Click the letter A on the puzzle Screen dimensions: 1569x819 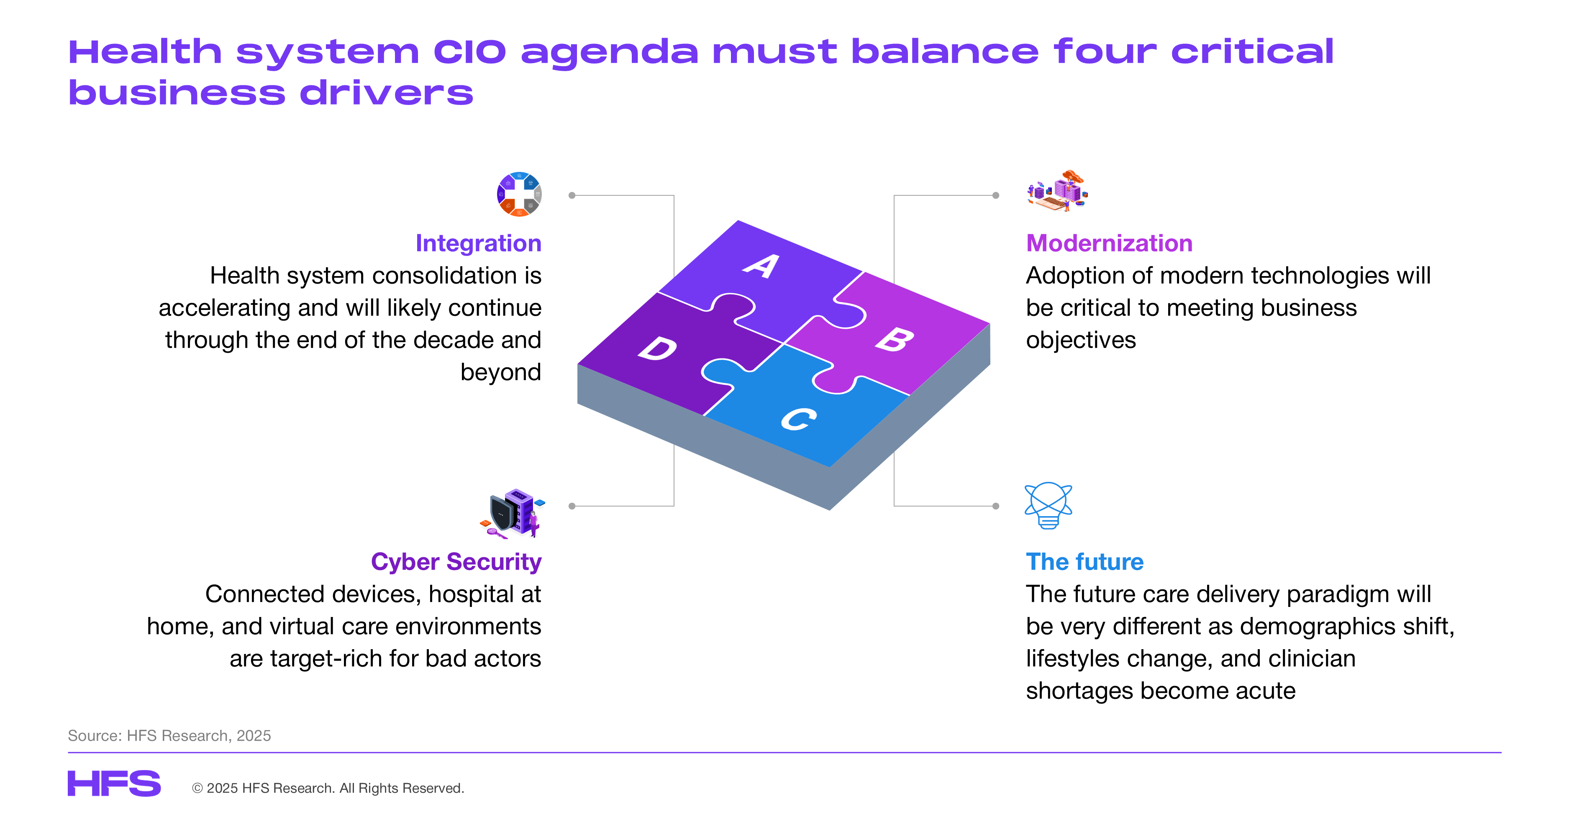[x=762, y=266]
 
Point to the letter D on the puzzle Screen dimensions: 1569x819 [x=658, y=348]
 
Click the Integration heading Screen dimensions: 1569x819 [x=478, y=243]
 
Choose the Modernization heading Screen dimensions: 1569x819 [x=1109, y=243]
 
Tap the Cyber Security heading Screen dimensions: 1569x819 [x=456, y=561]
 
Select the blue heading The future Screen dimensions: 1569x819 [x=1085, y=561]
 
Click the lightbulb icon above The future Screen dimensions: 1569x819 [x=1048, y=505]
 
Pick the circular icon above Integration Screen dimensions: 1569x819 [x=519, y=194]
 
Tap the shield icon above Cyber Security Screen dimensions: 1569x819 [x=512, y=513]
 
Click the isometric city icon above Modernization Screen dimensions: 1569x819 [x=1057, y=191]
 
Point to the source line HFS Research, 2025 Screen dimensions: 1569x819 [x=169, y=736]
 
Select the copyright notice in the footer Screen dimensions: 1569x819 [x=328, y=788]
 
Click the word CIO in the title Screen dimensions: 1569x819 [x=469, y=52]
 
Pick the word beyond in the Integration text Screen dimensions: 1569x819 [x=501, y=372]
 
